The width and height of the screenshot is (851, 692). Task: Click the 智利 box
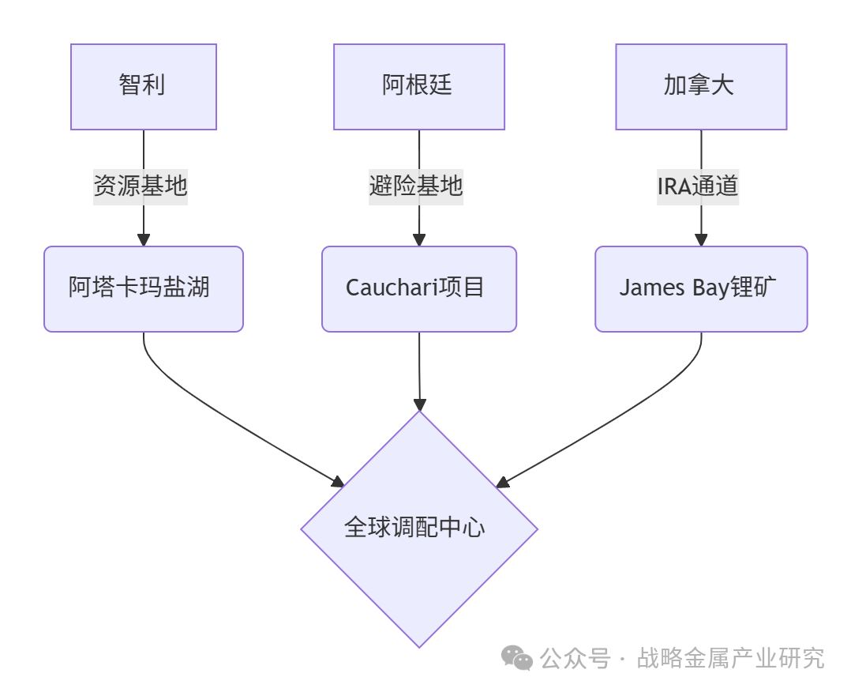point(143,86)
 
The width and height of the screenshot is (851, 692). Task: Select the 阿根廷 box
point(418,86)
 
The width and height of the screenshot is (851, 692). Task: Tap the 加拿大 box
point(701,86)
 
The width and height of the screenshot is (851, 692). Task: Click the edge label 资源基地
point(141,186)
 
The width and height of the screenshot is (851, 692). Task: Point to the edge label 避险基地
point(416,186)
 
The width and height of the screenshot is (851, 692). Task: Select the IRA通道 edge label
point(698,186)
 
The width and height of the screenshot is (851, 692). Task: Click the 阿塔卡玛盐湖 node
point(143,288)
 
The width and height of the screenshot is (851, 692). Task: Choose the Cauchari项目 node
point(418,288)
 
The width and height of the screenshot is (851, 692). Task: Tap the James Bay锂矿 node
point(701,288)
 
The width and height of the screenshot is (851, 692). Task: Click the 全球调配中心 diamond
point(418,528)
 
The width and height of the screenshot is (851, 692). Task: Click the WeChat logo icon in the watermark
point(518,657)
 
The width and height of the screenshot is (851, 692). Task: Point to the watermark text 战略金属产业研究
point(730,657)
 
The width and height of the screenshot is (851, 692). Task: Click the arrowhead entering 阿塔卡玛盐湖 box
point(144,240)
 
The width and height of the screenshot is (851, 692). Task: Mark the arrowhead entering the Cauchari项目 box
point(419,240)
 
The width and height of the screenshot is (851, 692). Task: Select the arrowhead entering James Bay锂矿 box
point(701,240)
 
